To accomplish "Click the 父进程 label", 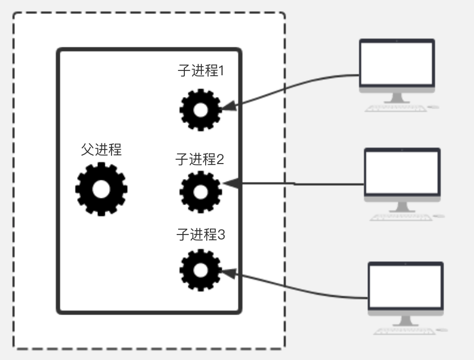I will pos(101,150).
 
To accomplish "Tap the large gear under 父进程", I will pos(101,189).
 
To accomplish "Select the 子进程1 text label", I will pos(200,71).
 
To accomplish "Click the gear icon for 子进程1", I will pos(200,110).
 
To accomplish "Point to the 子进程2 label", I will pos(199,159).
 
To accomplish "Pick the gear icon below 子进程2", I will pos(200,192).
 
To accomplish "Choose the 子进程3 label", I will pos(200,235).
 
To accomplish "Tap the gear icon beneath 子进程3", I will pos(200,270).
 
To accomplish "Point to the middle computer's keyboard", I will pos(401,217).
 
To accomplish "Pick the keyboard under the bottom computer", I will pos(404,331).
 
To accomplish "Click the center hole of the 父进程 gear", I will pos(101,189).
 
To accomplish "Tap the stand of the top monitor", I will pos(397,97).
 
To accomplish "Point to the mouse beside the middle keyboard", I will pos(439,216).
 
